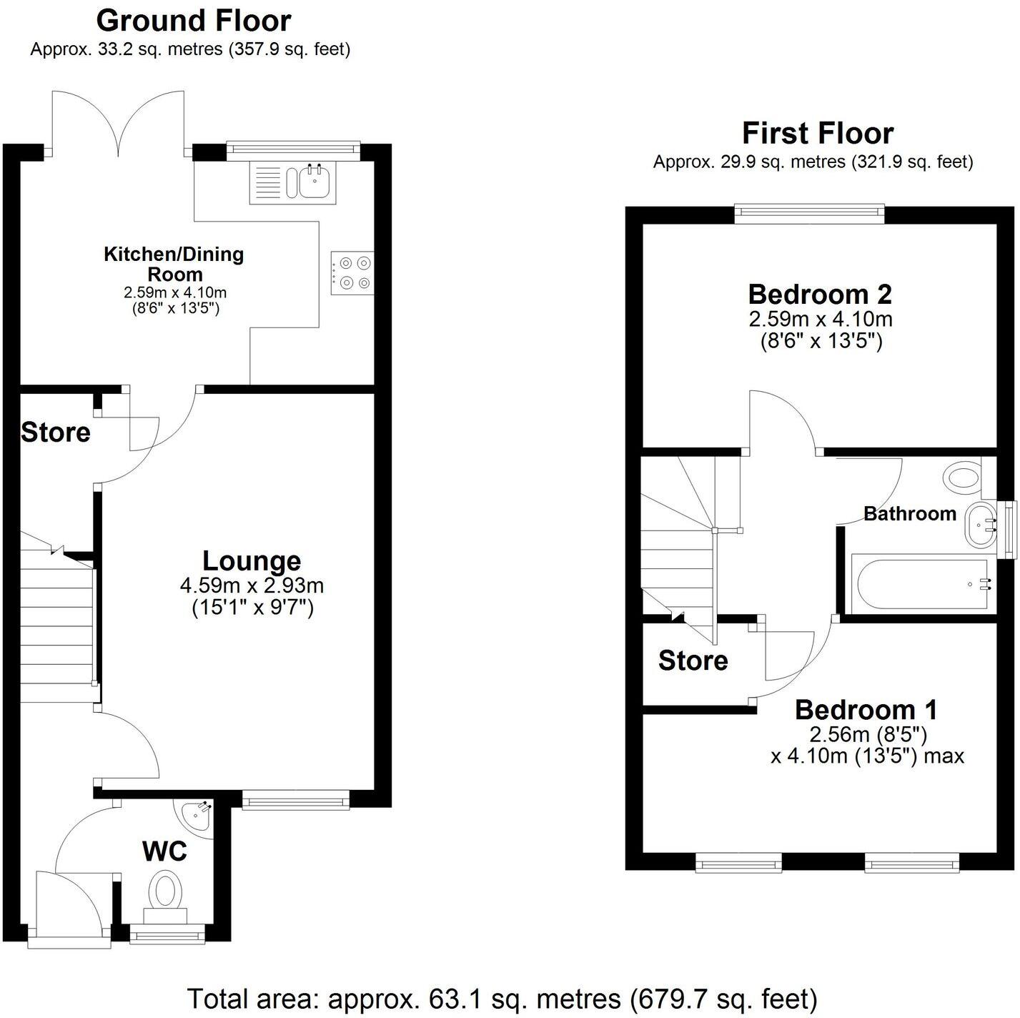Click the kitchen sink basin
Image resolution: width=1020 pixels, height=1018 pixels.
click(x=315, y=182)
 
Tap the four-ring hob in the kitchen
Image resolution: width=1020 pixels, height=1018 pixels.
click(x=352, y=273)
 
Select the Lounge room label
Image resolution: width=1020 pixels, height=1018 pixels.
click(x=252, y=561)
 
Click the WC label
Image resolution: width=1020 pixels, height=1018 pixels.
click(x=164, y=851)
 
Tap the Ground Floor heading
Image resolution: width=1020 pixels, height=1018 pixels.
click(x=193, y=21)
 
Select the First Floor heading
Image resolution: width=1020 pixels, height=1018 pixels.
click(x=817, y=133)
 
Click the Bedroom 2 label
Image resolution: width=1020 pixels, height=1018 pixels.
click(x=820, y=294)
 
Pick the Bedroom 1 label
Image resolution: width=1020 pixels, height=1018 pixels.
click(x=866, y=709)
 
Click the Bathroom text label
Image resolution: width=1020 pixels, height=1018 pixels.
click(x=909, y=513)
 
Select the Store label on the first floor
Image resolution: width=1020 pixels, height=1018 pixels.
click(x=693, y=661)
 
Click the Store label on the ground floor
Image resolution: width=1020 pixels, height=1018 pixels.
click(x=56, y=432)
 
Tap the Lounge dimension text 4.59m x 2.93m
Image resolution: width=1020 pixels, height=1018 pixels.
click(x=252, y=586)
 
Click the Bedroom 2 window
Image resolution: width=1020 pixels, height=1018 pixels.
click(x=810, y=211)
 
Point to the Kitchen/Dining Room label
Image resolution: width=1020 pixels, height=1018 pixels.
click(x=174, y=264)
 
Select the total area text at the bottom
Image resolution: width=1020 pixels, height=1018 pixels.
click(x=502, y=998)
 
